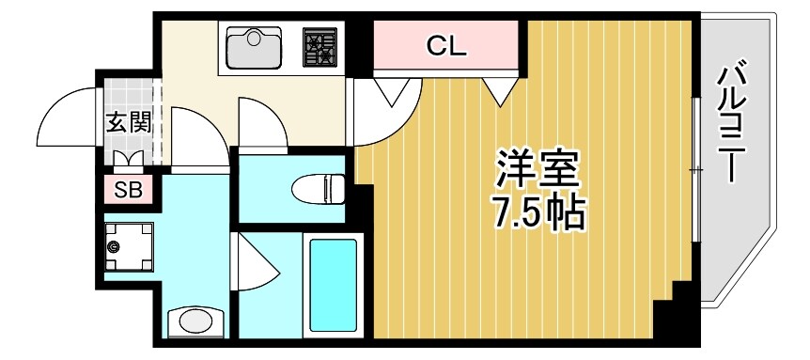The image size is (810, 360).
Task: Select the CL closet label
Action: coord(446,45)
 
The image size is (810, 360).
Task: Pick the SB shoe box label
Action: coord(127,190)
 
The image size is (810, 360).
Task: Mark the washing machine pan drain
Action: coord(115,246)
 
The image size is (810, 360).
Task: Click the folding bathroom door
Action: coord(259,269)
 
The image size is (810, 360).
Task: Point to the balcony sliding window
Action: coord(695,169)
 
